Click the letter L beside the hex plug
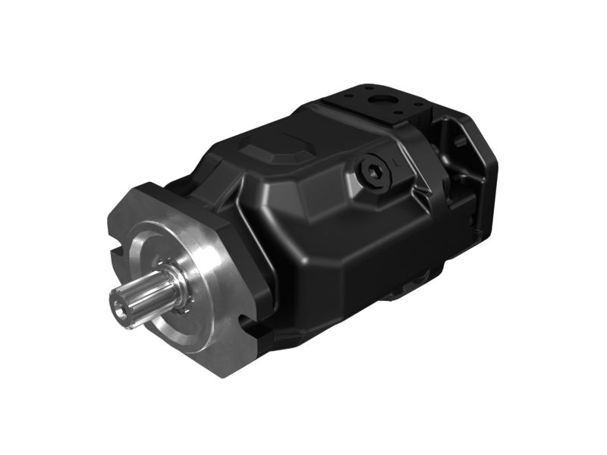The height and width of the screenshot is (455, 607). point(398,162)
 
